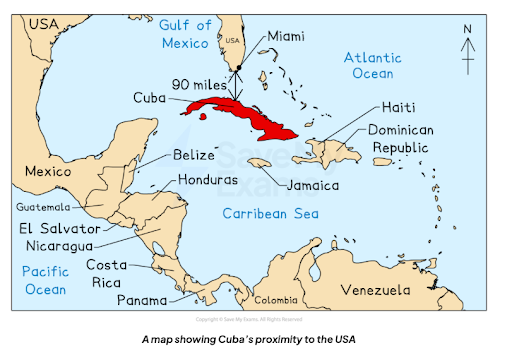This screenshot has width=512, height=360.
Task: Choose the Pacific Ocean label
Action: pos(44,279)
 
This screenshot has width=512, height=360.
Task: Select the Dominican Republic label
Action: pos(409,141)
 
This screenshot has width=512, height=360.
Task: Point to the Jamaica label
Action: pos(312,185)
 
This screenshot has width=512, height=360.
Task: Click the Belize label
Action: pos(193,156)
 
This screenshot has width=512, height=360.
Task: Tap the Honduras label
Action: pos(208,181)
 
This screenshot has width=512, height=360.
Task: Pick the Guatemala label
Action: pos(45,207)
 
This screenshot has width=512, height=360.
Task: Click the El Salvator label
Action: pos(59,228)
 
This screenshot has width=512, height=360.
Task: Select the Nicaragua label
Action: pos(57,245)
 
